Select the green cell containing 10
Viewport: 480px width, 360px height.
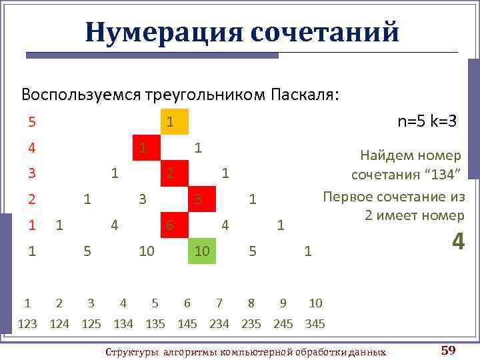201,251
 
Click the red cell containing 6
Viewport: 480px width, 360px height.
172,225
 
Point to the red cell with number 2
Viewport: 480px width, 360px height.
172,173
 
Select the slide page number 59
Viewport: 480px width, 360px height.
448,350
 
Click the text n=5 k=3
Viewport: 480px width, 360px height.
427,121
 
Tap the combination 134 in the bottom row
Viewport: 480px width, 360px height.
123,324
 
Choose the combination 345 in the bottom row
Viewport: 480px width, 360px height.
315,324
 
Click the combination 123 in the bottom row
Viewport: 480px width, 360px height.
27,324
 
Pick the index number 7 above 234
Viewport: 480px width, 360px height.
219,303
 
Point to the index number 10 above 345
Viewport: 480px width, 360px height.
315,303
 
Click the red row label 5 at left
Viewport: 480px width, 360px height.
32,122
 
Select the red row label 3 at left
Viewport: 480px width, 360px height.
32,173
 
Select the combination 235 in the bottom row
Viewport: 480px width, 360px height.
251,324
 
